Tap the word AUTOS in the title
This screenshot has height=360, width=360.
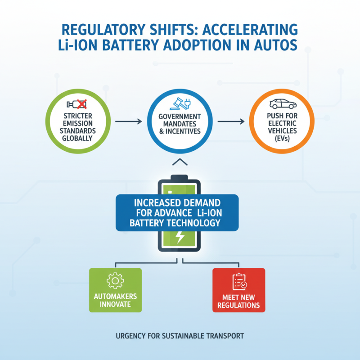(x=276, y=45)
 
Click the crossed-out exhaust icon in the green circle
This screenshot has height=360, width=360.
(x=77, y=104)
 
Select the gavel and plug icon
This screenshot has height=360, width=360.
(x=180, y=104)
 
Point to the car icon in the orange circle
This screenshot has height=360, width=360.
(x=283, y=104)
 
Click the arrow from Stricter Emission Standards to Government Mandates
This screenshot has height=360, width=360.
(x=129, y=121)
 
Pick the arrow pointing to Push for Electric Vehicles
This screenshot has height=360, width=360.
(x=231, y=121)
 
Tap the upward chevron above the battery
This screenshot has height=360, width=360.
(x=180, y=162)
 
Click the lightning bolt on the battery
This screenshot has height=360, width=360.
(x=180, y=237)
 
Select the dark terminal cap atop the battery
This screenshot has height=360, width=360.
(x=179, y=177)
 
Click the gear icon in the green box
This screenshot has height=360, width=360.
(x=115, y=280)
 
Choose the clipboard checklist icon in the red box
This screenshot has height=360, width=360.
(x=239, y=282)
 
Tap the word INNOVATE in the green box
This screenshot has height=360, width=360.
(x=115, y=304)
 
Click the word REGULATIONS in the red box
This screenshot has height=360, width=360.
(x=238, y=305)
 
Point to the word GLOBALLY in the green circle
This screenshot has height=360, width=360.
(x=77, y=138)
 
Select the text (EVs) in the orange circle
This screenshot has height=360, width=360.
(x=282, y=139)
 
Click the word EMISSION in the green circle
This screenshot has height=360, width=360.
(x=78, y=123)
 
